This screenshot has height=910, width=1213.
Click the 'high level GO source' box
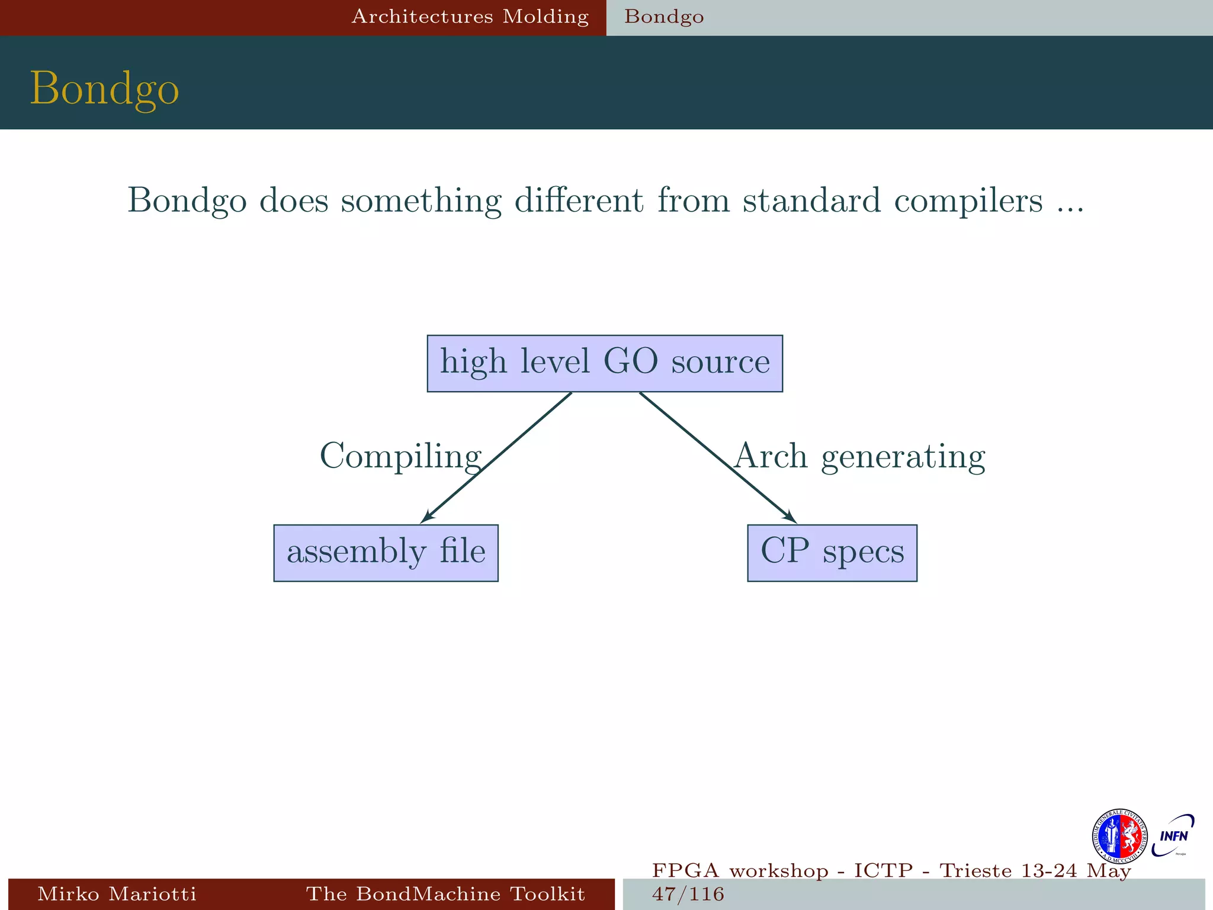[x=605, y=363]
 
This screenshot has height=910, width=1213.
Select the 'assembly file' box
[x=386, y=553]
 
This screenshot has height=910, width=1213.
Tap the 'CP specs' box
[x=832, y=553]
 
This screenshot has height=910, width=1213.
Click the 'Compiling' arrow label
[x=400, y=456]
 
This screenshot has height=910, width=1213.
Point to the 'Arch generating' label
[x=859, y=456]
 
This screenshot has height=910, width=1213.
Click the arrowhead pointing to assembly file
[x=428, y=517]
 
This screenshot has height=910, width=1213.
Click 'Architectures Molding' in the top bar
[x=470, y=17]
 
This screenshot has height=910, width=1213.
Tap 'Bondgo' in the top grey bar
[x=664, y=17]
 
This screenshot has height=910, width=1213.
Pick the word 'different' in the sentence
[x=579, y=200]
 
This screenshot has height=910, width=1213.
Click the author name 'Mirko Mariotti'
[x=117, y=893]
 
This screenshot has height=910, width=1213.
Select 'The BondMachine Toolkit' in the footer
[x=445, y=893]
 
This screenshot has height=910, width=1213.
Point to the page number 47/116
[x=688, y=893]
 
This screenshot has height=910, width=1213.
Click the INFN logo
[x=1173, y=836]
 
